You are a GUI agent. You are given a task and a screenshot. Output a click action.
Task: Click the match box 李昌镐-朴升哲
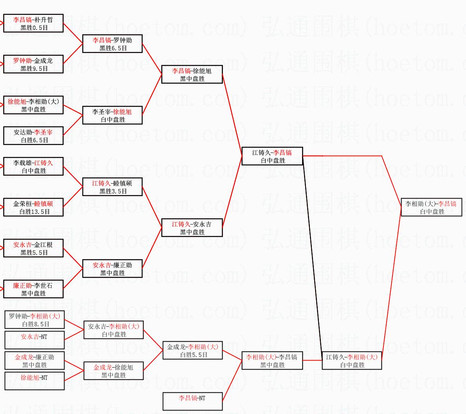(33, 24)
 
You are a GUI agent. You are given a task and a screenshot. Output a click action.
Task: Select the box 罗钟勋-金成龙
(33, 64)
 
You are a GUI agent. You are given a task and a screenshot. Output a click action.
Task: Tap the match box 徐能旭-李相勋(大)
(33, 105)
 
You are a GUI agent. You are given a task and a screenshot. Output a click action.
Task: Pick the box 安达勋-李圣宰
(33, 136)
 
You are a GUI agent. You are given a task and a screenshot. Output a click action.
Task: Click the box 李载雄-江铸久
(33, 167)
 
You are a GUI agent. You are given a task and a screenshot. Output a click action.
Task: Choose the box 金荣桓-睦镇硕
(33, 208)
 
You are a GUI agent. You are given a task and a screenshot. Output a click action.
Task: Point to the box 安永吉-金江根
(33, 248)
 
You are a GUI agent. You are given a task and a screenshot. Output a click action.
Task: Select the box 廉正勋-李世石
(33, 289)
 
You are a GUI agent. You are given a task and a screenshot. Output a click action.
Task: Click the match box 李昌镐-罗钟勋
(112, 44)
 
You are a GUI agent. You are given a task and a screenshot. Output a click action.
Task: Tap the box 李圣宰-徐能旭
(112, 116)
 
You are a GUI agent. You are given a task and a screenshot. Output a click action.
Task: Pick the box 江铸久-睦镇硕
(112, 187)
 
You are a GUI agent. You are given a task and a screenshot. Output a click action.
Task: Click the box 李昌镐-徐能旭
(192, 75)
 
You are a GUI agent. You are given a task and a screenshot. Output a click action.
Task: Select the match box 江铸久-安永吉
(192, 228)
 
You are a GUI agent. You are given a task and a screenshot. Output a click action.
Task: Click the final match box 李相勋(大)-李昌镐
(431, 208)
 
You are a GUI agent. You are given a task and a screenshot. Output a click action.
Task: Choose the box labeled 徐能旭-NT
(35, 381)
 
